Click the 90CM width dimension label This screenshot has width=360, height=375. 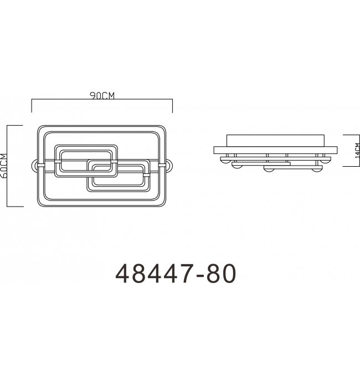[x=102, y=95]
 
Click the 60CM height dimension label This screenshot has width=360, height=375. [x=4, y=166]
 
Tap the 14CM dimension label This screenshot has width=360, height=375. [x=357, y=151]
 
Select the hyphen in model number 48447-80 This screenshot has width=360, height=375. [x=199, y=275]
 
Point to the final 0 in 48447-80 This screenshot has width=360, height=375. [x=229, y=274]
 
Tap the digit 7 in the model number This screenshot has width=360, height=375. [x=186, y=274]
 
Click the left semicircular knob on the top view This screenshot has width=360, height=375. [x=35, y=166]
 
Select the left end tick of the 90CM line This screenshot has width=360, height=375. [x=32, y=105]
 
